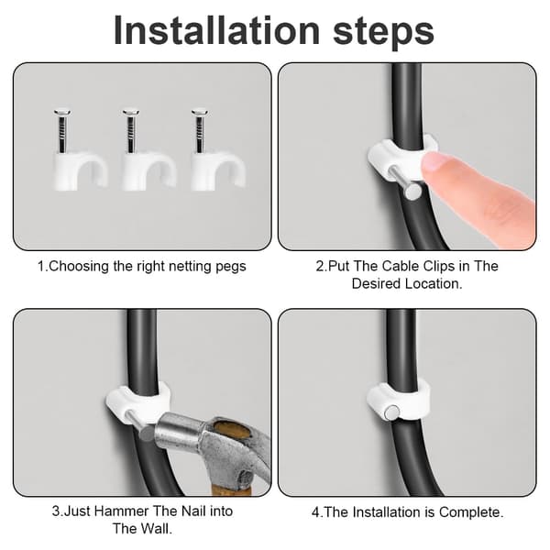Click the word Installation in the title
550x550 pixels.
216,30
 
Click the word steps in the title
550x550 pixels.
383,33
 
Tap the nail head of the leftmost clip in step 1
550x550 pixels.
62,113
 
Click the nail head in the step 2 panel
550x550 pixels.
412,192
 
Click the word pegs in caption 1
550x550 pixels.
231,267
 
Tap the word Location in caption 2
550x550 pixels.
434,283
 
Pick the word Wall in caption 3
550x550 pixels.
157,529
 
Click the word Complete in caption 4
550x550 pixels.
471,512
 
